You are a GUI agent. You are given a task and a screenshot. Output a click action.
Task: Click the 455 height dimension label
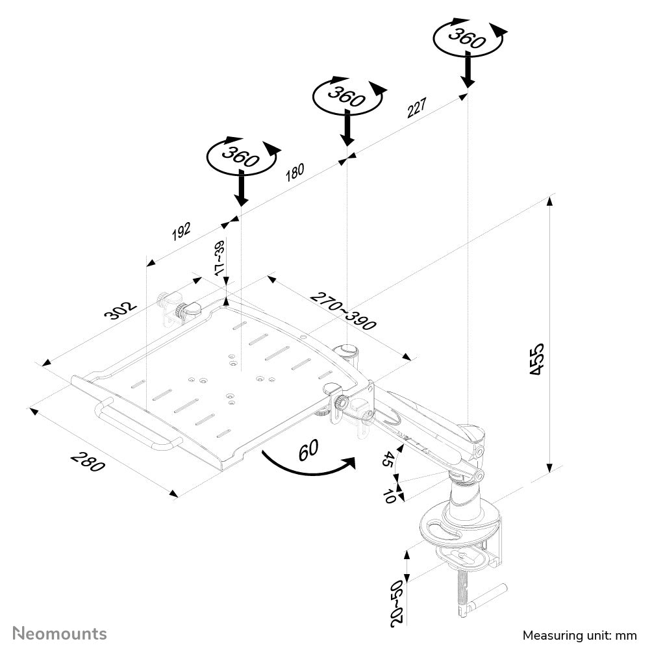click(x=537, y=358)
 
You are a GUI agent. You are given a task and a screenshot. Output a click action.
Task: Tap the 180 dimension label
click(x=294, y=172)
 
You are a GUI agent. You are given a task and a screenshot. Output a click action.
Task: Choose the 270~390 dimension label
click(x=342, y=311)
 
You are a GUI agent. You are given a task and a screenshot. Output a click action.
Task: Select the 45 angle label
click(x=388, y=460)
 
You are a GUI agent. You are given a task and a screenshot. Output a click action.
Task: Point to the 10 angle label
click(x=389, y=497)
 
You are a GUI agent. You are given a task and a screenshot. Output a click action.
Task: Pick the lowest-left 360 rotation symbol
click(x=241, y=155)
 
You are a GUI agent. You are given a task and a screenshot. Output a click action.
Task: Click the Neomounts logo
click(x=60, y=633)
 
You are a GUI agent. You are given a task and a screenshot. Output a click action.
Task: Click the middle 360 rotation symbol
click(x=347, y=96)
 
